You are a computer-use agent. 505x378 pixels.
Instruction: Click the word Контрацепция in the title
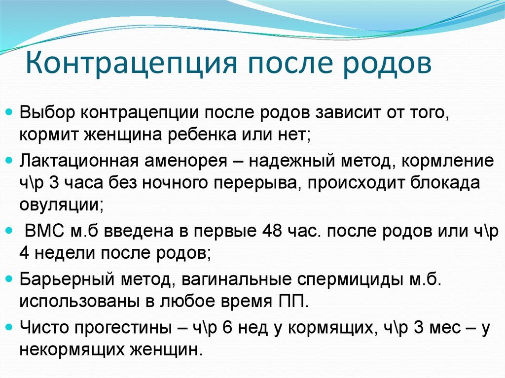click(131, 64)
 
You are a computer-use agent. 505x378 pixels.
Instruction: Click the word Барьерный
click(67, 279)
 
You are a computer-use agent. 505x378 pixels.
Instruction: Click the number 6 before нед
click(227, 327)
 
